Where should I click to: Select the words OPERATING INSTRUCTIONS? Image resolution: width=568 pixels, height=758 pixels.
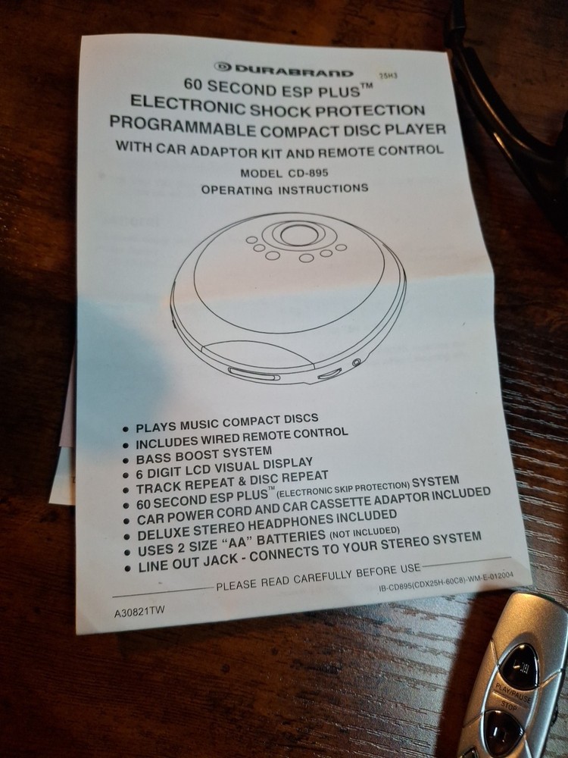pyautogui.click(x=285, y=189)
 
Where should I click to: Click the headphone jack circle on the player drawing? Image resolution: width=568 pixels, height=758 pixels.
pyautogui.click(x=357, y=362)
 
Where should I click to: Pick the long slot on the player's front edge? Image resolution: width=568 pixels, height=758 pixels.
pyautogui.click(x=254, y=374)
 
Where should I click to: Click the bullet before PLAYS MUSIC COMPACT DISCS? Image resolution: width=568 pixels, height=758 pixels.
pyautogui.click(x=126, y=429)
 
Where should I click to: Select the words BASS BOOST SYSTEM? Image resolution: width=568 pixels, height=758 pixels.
pyautogui.click(x=204, y=456)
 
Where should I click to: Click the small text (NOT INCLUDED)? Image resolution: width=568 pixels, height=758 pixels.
pyautogui.click(x=365, y=532)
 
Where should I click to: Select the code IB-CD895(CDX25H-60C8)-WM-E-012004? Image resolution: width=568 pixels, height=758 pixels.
pyautogui.click(x=446, y=581)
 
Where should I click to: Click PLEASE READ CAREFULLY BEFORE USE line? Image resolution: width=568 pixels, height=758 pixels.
pyautogui.click(x=319, y=577)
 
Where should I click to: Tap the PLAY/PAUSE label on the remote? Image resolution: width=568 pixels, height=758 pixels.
pyautogui.click(x=513, y=692)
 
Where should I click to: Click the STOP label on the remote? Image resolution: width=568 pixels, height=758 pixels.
pyautogui.click(x=509, y=706)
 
